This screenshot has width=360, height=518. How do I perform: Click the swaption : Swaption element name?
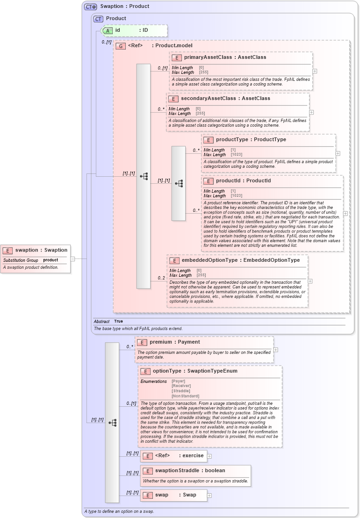tap(41, 250)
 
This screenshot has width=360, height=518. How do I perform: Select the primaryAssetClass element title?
tap(225, 58)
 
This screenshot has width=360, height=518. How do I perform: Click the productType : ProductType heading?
tap(251, 140)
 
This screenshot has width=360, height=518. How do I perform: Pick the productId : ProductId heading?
tap(243, 181)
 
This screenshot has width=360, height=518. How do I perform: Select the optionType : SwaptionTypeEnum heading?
tap(195, 371)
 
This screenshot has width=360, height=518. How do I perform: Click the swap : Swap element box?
tap(173, 495)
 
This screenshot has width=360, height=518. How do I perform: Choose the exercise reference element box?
tap(173, 456)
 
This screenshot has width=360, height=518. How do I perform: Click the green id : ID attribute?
tap(133, 30)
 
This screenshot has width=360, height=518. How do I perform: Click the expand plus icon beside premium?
tap(276, 350)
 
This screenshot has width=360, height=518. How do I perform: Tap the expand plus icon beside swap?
tap(209, 496)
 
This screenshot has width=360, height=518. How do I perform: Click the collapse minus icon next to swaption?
tap(73, 259)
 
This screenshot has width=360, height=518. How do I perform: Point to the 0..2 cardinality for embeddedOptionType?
tap(161, 278)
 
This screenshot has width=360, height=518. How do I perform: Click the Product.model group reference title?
tap(156, 46)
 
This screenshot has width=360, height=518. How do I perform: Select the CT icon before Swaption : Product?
tap(90, 7)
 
